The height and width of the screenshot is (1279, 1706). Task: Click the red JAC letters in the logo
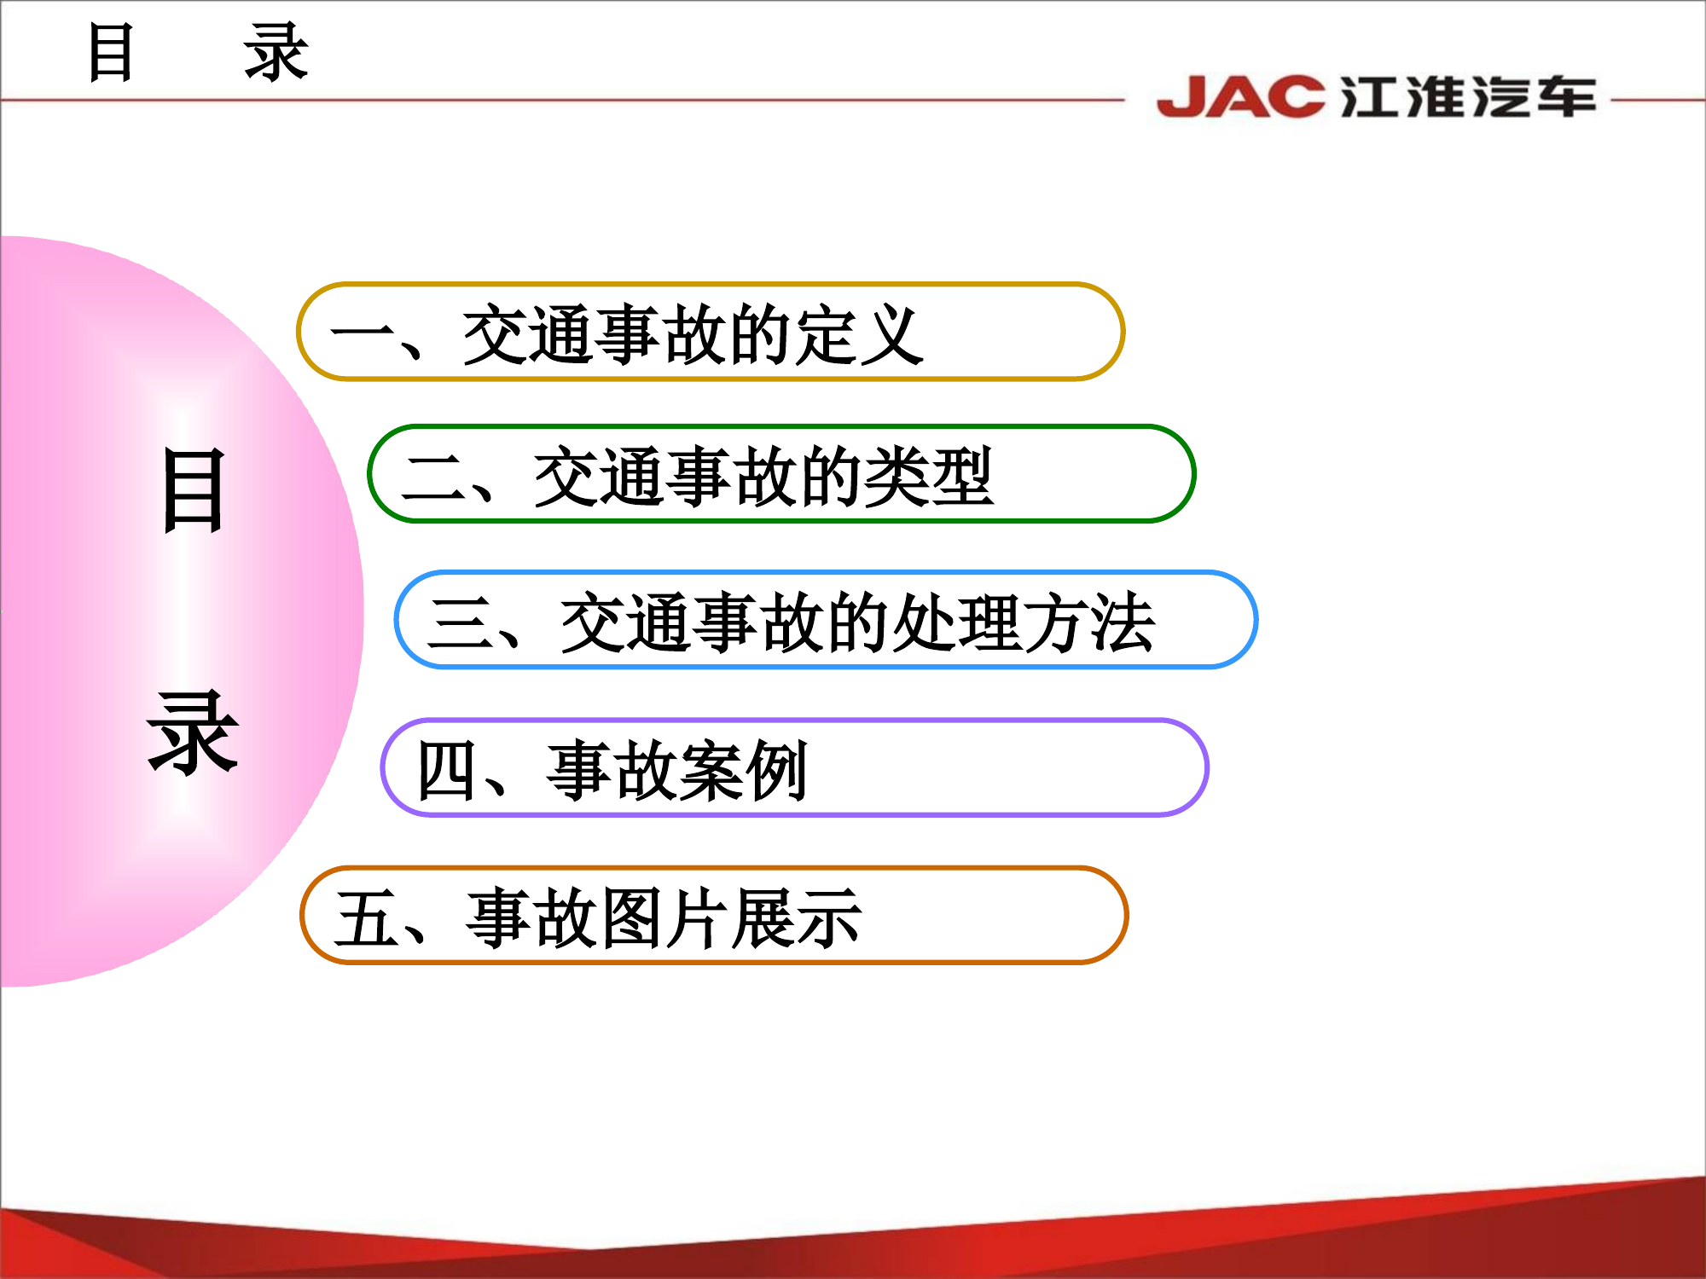point(1240,96)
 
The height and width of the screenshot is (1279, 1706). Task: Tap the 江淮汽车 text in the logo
point(1467,96)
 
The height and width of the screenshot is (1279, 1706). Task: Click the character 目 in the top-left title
point(111,53)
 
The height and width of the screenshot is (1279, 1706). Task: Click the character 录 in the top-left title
point(276,53)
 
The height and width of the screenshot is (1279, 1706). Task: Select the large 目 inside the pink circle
point(194,492)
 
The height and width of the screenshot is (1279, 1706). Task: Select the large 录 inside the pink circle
point(193,733)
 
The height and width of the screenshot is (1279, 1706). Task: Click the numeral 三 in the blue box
point(461,623)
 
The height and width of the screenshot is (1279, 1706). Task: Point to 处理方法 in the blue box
point(1024,623)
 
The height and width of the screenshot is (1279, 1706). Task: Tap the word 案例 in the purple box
point(743,771)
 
